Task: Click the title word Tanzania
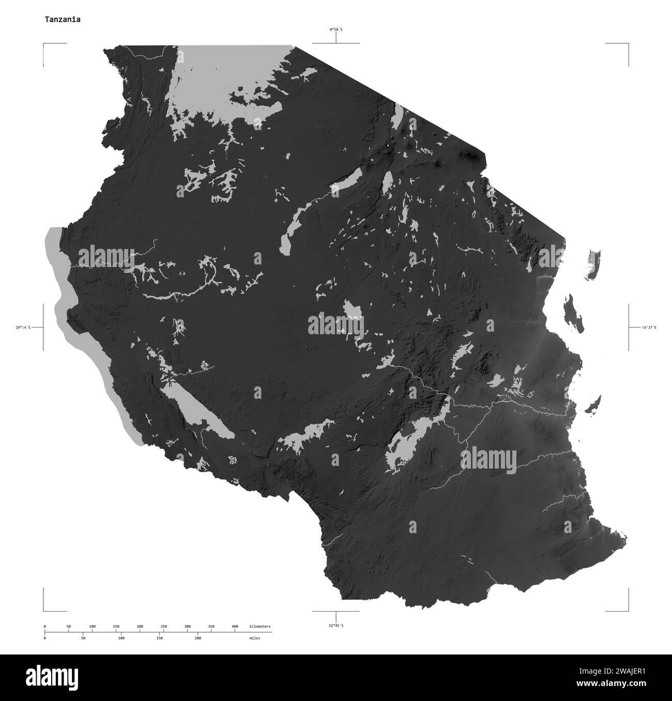62,20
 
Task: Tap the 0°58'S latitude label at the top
336,29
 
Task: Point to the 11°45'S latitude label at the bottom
336,626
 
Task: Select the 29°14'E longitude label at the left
23,328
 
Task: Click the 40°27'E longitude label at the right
649,328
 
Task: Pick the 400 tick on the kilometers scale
235,627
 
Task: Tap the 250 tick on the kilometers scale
163,627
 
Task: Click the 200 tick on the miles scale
197,638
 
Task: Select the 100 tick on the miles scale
121,638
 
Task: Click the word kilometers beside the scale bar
259,627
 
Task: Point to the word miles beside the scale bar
255,638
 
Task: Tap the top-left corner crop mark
44,45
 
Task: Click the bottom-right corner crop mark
628,610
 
